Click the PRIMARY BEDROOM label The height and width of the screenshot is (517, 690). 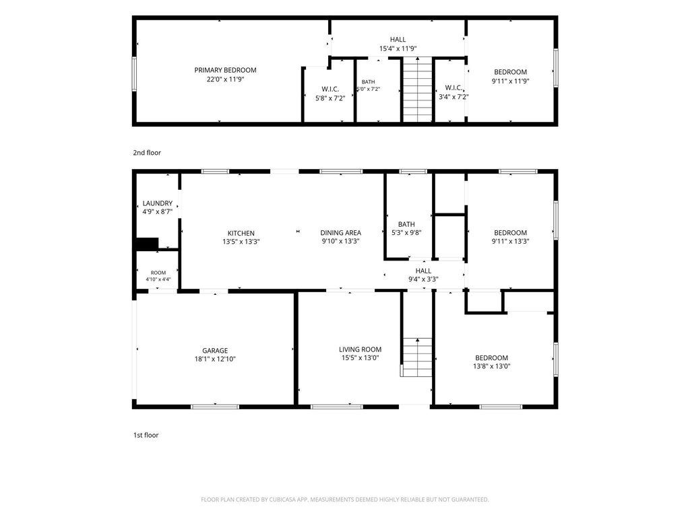click(225, 70)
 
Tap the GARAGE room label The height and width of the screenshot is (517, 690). click(215, 350)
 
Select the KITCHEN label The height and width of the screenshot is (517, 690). click(241, 233)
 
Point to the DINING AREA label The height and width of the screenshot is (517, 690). click(340, 232)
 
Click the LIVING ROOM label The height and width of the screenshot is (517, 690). click(360, 349)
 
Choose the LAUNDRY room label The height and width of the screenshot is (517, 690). click(158, 203)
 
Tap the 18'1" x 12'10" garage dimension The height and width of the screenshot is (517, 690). click(215, 359)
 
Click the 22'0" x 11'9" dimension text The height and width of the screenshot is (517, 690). click(225, 79)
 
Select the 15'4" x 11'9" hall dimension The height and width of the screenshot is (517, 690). click(398, 48)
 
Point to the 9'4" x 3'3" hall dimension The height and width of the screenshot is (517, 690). click(423, 279)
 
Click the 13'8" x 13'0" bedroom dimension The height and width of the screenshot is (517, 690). click(491, 366)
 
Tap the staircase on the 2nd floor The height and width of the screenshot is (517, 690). click(418, 90)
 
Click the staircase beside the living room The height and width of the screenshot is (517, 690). click(417, 357)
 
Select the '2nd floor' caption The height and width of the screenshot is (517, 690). click(147, 153)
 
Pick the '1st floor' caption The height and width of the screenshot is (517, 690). click(146, 436)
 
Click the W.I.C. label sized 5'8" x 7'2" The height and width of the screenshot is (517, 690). click(330, 90)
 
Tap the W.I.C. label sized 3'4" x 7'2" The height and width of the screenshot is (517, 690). click(453, 88)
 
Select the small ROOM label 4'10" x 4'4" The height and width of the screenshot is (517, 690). click(158, 273)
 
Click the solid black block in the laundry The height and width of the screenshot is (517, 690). click(147, 244)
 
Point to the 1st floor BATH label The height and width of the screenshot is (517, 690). click(406, 224)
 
